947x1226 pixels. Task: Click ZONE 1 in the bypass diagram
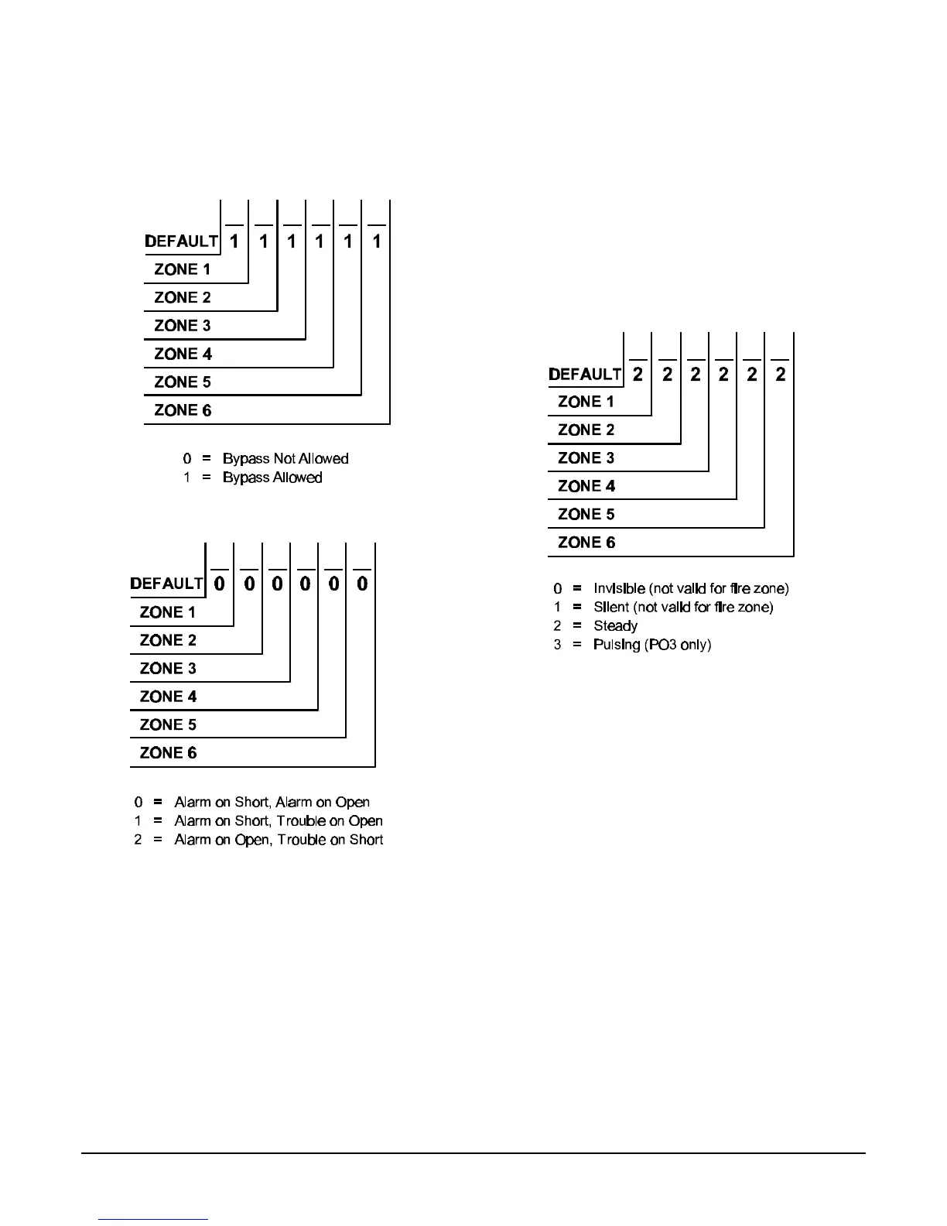(x=182, y=269)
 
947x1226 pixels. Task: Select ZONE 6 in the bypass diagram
(x=182, y=410)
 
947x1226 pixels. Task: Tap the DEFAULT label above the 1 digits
(x=182, y=241)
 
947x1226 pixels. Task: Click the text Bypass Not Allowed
(x=285, y=459)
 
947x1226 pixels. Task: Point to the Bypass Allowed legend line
(x=272, y=478)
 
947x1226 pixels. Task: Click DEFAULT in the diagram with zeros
(x=167, y=584)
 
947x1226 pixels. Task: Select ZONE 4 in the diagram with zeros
(x=168, y=697)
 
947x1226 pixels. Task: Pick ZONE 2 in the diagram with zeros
(x=168, y=640)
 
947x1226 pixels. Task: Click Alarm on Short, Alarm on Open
(x=272, y=803)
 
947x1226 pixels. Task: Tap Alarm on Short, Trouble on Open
(x=279, y=821)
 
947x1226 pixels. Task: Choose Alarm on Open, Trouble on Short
(x=279, y=840)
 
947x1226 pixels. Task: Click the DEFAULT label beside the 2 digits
(x=585, y=375)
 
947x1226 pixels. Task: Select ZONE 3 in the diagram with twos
(x=586, y=458)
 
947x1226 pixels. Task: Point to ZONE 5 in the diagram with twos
(x=586, y=515)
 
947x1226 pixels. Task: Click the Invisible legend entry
(x=691, y=589)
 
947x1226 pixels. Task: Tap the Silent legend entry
(x=683, y=608)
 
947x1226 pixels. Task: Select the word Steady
(x=615, y=626)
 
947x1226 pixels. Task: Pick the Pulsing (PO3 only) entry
(x=651, y=645)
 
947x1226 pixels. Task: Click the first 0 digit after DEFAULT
(x=220, y=584)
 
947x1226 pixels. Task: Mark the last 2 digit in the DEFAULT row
(x=781, y=375)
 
